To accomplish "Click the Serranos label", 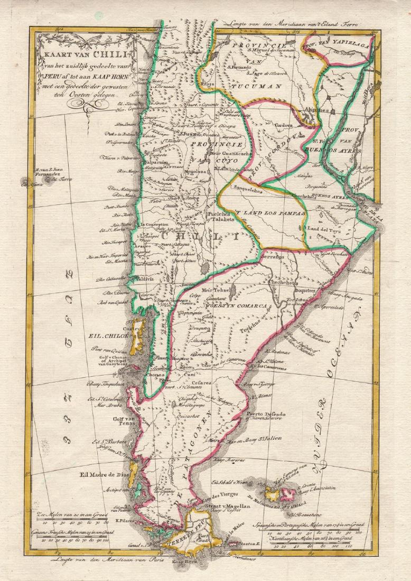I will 271,256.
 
